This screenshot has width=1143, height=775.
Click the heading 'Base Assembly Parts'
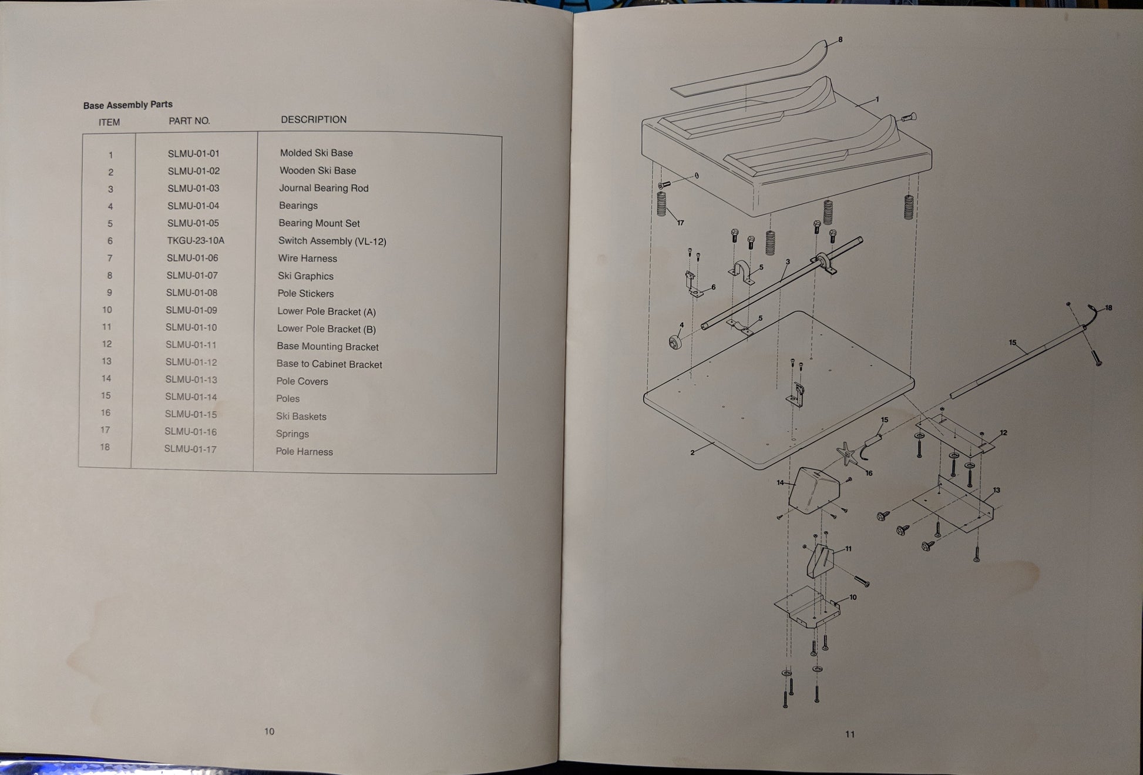[127, 105]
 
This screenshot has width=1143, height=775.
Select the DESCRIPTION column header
[314, 120]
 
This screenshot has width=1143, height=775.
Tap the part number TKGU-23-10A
[195, 241]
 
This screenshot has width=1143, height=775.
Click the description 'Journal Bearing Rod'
[324, 189]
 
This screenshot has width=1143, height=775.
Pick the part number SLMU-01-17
[190, 449]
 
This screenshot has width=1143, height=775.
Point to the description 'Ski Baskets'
[301, 417]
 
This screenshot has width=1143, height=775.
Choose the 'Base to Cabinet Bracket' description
[329, 364]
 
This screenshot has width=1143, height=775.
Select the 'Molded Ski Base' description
[316, 153]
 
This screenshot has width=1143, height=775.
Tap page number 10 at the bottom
[269, 732]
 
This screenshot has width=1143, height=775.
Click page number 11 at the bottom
[850, 734]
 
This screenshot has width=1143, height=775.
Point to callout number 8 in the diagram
[840, 40]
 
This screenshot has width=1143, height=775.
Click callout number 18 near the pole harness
[1108, 308]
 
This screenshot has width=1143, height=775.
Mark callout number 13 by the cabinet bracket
[996, 490]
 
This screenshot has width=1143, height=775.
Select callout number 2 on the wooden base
[692, 452]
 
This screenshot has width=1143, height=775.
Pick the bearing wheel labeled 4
[675, 342]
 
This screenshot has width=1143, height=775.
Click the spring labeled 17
[662, 204]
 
